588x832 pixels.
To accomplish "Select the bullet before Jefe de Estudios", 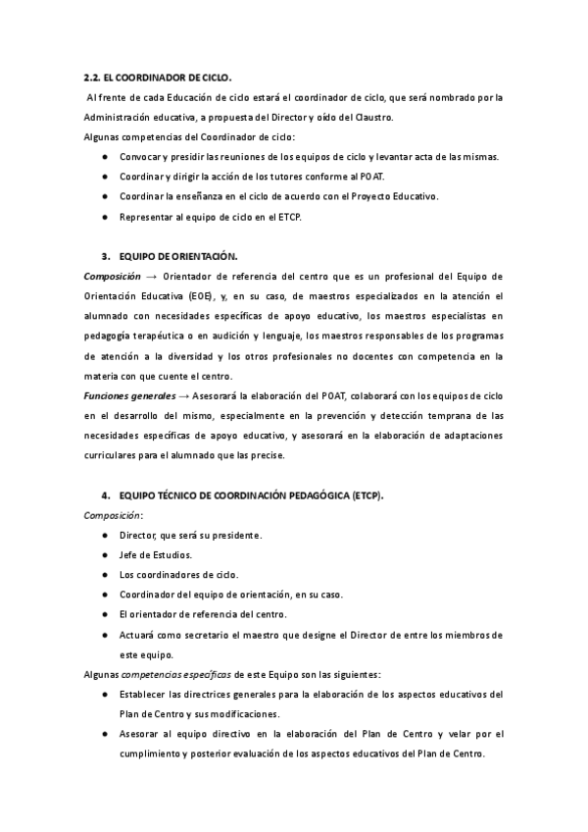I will (x=105, y=555).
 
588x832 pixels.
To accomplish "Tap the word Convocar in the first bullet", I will (x=140, y=157).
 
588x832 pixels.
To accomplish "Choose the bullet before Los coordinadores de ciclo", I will (x=105, y=575).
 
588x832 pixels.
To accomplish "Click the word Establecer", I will (x=144, y=694).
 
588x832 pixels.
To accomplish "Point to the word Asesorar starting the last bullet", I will (x=141, y=734).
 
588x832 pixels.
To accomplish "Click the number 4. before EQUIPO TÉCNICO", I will (x=105, y=495).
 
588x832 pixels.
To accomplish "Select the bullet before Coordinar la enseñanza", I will (x=105, y=196).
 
